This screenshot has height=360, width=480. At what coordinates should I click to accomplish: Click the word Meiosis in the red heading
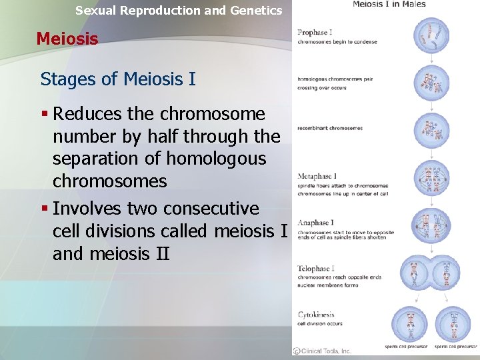[67, 39]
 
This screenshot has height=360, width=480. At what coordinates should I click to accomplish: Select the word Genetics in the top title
[257, 10]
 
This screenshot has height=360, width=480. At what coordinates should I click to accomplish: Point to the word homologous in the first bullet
[216, 159]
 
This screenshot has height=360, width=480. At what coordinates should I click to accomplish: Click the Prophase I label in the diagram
[315, 33]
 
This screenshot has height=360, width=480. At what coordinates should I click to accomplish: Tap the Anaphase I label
[317, 223]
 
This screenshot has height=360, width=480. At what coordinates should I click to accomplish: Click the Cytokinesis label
[316, 315]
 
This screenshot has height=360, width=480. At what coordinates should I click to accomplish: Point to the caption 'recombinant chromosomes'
[330, 128]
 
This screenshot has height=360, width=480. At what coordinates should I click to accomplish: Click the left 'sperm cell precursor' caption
[406, 347]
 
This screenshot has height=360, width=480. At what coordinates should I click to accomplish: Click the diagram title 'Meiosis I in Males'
[389, 5]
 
